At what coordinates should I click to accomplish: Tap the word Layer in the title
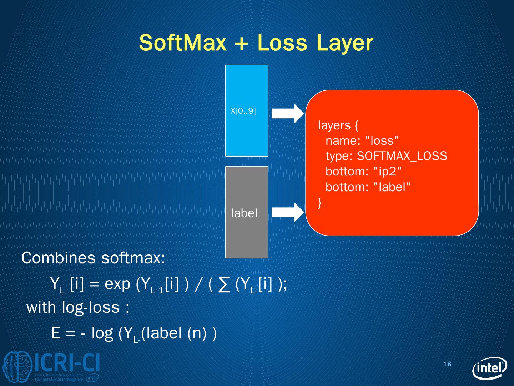click(344, 44)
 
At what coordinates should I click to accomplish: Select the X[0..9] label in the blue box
click(243, 111)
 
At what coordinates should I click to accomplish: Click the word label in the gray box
click(244, 213)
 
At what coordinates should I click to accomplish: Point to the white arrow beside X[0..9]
click(287, 113)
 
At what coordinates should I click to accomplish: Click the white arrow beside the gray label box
click(287, 212)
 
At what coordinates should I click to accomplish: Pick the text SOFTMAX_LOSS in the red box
click(402, 156)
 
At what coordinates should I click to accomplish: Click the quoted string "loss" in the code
click(382, 140)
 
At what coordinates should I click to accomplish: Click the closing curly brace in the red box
click(320, 203)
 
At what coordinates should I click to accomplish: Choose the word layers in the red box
click(334, 125)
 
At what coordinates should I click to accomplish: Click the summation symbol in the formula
click(224, 286)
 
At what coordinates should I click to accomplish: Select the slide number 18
click(447, 364)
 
